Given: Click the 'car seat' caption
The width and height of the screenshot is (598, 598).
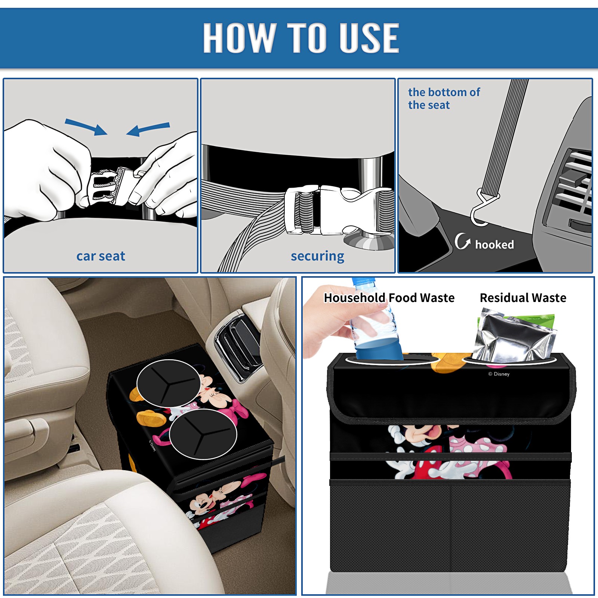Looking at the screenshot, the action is pyautogui.click(x=101, y=256).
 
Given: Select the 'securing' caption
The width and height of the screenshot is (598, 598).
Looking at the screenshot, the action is pyautogui.click(x=317, y=256).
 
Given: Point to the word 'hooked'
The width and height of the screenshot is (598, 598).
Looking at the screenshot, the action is pyautogui.click(x=494, y=244).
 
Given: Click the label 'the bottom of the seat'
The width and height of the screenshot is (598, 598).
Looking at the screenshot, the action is pyautogui.click(x=444, y=98).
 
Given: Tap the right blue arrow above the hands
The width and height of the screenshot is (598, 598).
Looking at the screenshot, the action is pyautogui.click(x=148, y=129).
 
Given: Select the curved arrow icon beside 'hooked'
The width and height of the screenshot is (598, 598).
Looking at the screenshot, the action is pyautogui.click(x=462, y=241).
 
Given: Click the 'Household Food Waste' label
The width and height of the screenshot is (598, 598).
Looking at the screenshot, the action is pyautogui.click(x=389, y=298).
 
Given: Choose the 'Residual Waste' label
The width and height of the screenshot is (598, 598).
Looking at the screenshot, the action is pyautogui.click(x=523, y=298).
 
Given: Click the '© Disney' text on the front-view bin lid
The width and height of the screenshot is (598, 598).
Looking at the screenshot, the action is pyautogui.click(x=499, y=374).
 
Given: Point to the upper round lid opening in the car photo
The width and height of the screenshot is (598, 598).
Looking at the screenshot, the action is pyautogui.click(x=169, y=383).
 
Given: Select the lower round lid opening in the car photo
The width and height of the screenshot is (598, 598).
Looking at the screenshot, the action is pyautogui.click(x=203, y=434).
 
